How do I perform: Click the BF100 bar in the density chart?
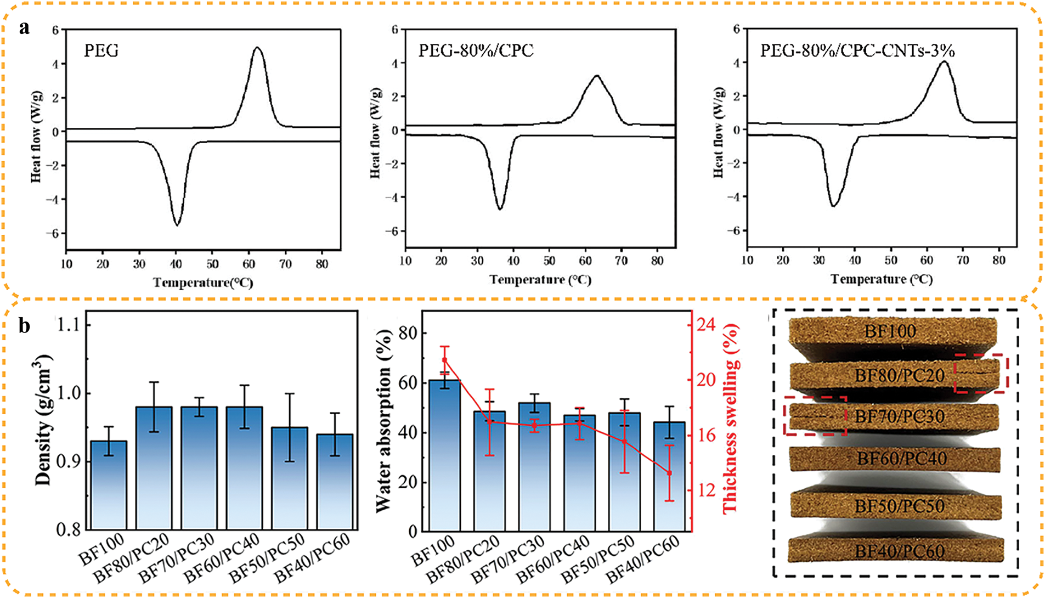[x=109, y=486]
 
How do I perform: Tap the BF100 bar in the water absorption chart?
[x=444, y=455]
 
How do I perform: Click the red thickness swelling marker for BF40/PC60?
[x=669, y=473]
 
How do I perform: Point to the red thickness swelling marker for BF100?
[x=444, y=360]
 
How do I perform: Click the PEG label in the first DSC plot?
[x=101, y=51]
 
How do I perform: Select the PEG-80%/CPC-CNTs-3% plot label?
[x=857, y=51]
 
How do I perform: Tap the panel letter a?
[x=24, y=27]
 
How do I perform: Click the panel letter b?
[x=24, y=326]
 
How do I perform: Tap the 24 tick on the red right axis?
[x=705, y=325]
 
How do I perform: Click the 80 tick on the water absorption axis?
[x=407, y=333]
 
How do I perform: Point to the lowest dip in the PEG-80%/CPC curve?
[x=500, y=208]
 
